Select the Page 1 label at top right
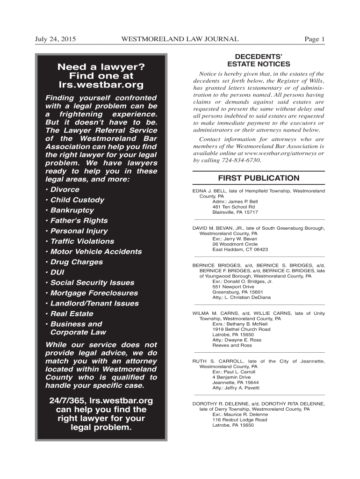pyautogui.click(x=314, y=39)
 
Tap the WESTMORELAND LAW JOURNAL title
pyautogui.click(x=180, y=39)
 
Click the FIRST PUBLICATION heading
pyautogui.click(x=259, y=178)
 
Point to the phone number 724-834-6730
pyautogui.click(x=237, y=160)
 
